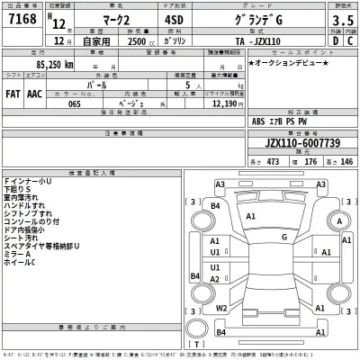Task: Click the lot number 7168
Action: [22, 19]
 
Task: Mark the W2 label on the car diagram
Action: [220, 308]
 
